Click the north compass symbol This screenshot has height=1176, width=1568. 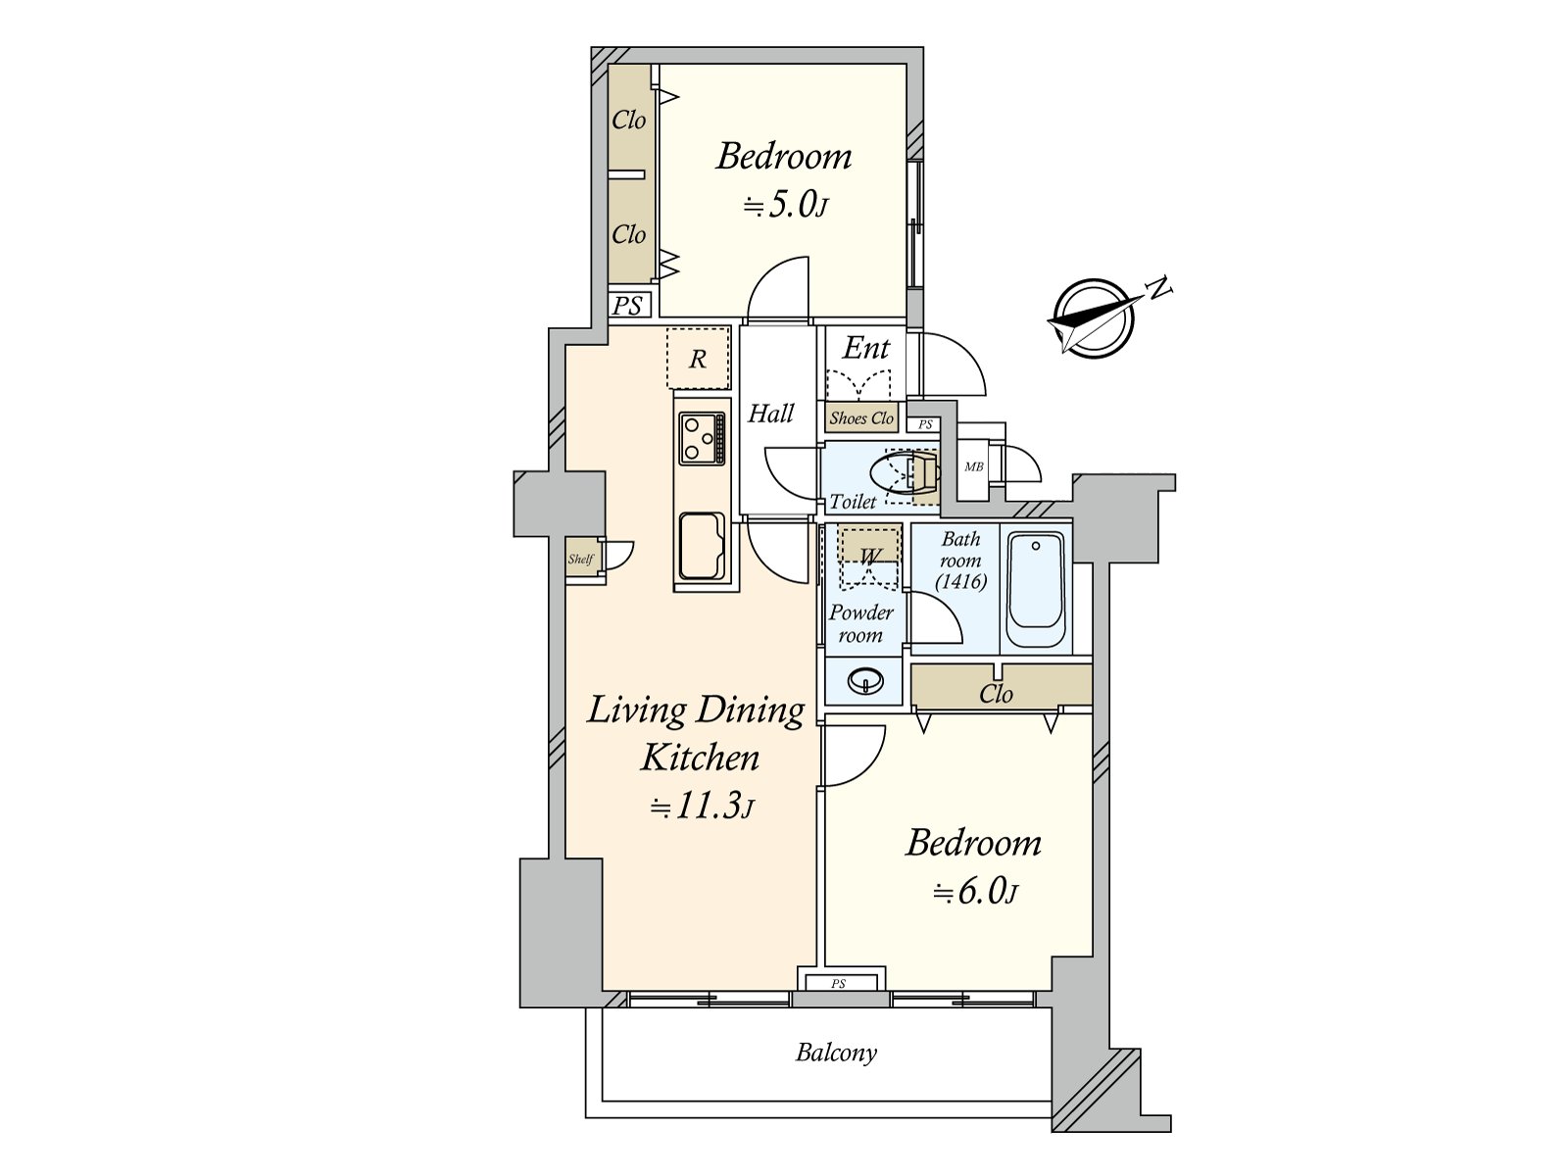(x=1093, y=318)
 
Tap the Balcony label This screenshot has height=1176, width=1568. (x=836, y=1053)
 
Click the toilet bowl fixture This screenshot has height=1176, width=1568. (x=905, y=472)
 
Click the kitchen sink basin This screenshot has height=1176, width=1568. (x=702, y=546)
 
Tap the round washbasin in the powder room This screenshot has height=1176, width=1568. (x=864, y=680)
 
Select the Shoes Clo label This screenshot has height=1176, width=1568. (x=861, y=418)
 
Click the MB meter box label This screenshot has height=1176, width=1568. (x=974, y=467)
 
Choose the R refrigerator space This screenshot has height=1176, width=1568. (x=698, y=359)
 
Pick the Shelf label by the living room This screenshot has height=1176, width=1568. (x=581, y=559)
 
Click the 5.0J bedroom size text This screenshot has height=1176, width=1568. (x=785, y=206)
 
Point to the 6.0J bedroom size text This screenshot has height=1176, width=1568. (x=974, y=892)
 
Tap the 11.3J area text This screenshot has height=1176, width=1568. (x=701, y=807)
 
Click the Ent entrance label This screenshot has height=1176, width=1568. (x=865, y=349)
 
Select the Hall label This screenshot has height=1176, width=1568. (x=771, y=414)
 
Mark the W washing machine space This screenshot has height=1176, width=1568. (x=869, y=557)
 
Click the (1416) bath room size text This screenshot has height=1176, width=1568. (x=960, y=582)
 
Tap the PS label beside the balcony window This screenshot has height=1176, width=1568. (x=839, y=983)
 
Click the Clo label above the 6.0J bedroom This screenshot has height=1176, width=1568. (x=996, y=693)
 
